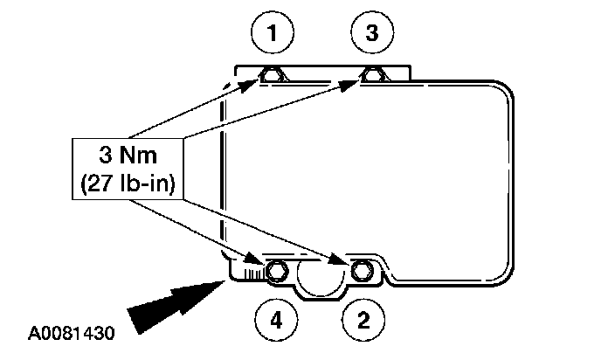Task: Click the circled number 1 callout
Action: (x=273, y=34)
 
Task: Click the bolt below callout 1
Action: (x=272, y=77)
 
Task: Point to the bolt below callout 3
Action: (x=374, y=77)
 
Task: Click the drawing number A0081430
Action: (x=73, y=334)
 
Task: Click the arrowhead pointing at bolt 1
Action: (x=256, y=83)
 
